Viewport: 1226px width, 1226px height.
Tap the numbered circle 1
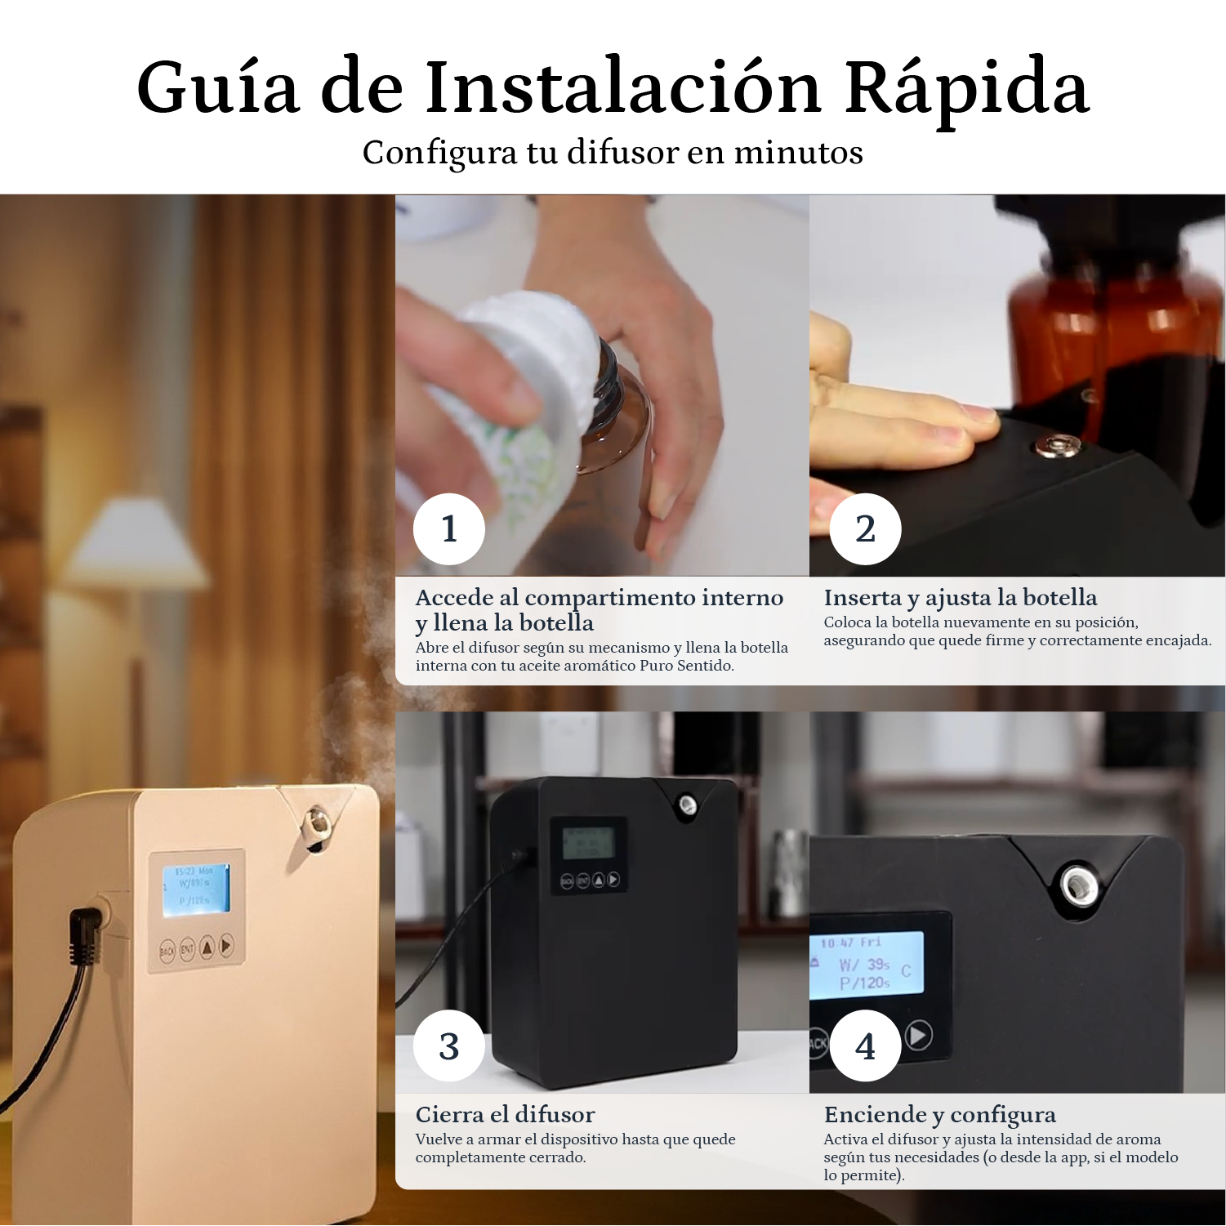[448, 528]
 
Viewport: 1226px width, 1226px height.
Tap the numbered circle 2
[865, 528]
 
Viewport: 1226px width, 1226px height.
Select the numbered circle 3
[448, 1045]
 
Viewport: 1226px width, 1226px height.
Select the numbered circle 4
[865, 1045]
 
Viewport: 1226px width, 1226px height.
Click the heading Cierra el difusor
[505, 1114]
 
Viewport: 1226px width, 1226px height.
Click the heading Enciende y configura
[939, 1114]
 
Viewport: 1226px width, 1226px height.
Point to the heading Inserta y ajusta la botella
[960, 597]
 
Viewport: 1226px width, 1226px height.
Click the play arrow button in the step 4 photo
[918, 1036]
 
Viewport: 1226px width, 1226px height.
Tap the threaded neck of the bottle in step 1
[609, 384]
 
